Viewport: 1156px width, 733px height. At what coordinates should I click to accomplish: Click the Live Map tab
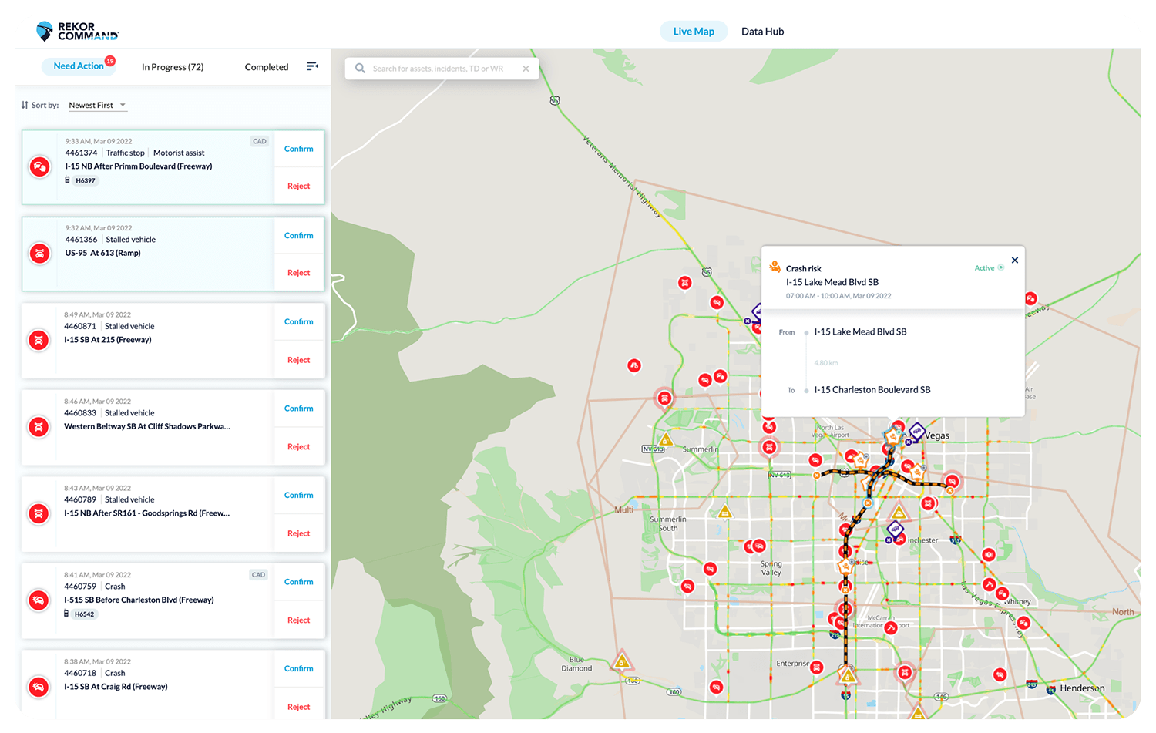(694, 32)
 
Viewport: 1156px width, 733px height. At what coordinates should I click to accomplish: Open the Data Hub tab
(762, 32)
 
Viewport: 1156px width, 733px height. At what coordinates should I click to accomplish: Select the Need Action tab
(79, 66)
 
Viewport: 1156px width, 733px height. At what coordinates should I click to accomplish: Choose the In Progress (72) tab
(173, 67)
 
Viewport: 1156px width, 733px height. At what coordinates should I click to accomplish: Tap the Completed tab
(267, 67)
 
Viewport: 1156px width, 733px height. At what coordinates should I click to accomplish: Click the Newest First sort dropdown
(97, 105)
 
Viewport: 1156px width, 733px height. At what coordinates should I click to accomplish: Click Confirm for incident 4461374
(299, 149)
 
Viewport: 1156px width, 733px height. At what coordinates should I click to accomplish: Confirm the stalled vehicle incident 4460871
(299, 321)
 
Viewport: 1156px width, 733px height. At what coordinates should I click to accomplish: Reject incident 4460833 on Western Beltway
(299, 447)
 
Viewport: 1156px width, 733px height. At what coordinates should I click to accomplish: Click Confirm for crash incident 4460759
(299, 582)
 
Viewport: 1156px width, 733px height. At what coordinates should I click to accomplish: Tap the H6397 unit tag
(85, 181)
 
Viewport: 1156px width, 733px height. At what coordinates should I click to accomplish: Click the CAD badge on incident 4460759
(258, 575)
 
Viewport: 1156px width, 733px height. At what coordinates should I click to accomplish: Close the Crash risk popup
(1015, 261)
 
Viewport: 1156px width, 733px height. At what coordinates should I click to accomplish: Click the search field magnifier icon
(360, 69)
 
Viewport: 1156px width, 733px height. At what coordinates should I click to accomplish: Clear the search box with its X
(526, 69)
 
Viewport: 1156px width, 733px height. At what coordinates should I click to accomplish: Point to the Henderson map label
(1082, 688)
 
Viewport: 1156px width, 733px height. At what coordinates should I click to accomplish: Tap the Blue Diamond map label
(576, 664)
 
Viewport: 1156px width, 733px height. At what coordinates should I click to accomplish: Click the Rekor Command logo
(78, 32)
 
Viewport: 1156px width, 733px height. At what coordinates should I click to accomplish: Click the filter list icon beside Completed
(312, 66)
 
